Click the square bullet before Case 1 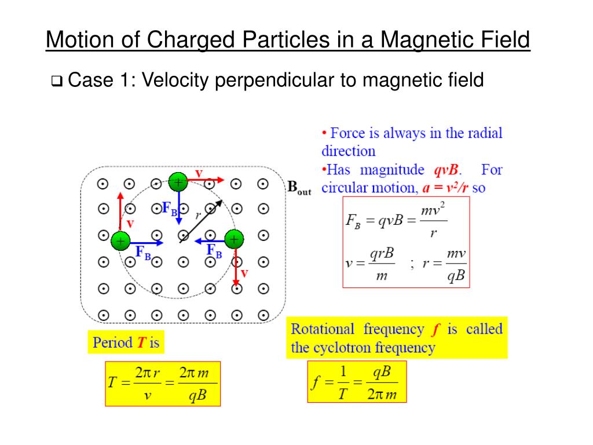click(57, 81)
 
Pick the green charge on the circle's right click(233, 239)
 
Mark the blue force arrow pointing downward click(179, 209)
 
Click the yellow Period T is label click(126, 342)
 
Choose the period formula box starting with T click(163, 384)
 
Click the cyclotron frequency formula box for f click(357, 381)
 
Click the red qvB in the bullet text click(445, 170)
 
